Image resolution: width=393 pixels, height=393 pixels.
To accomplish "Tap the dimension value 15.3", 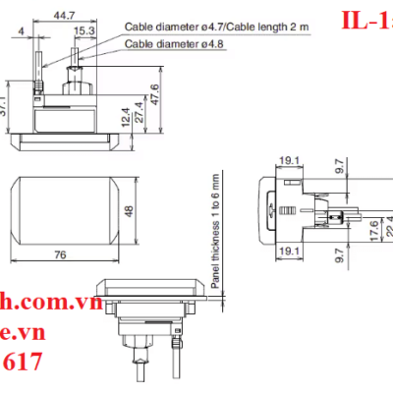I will point(84,30).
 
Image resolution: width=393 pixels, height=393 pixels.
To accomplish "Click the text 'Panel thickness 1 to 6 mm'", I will point(217,230).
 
